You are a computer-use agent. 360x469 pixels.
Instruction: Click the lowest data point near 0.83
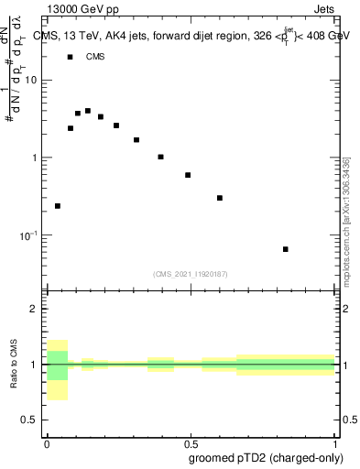(x=286, y=249)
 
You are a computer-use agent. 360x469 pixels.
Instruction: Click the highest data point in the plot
(x=88, y=111)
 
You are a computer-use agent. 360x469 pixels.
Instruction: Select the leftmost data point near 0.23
(x=58, y=206)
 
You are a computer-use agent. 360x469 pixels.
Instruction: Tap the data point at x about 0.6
(x=220, y=198)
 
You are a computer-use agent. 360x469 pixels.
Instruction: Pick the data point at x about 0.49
(x=188, y=175)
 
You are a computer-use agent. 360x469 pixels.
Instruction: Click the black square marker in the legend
(x=70, y=57)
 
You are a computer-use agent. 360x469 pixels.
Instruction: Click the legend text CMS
(x=95, y=57)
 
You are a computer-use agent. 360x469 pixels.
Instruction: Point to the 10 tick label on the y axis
(x=31, y=80)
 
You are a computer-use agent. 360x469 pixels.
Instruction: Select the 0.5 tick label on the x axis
(x=191, y=442)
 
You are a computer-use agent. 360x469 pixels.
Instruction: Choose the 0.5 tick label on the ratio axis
(x=29, y=420)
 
